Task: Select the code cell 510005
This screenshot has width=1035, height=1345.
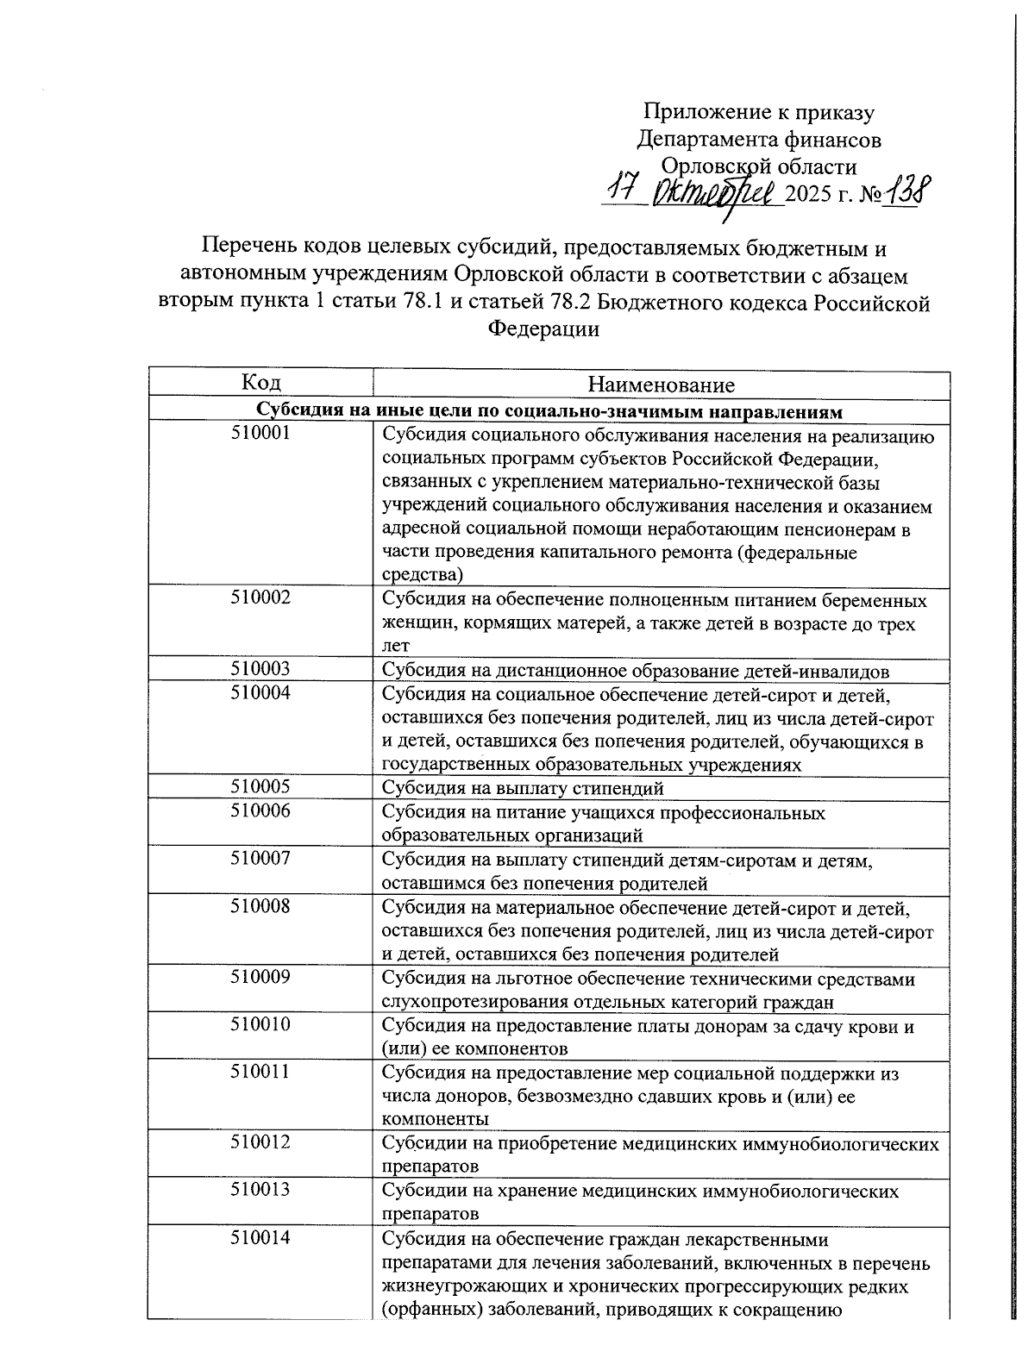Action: tap(260, 786)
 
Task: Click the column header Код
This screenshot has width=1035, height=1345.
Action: tap(260, 383)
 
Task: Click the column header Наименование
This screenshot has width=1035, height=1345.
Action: tap(661, 385)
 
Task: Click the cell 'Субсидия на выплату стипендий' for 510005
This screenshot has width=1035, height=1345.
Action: tap(523, 787)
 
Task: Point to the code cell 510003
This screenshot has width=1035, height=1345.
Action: tap(260, 669)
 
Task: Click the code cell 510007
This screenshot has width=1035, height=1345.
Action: tap(260, 858)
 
